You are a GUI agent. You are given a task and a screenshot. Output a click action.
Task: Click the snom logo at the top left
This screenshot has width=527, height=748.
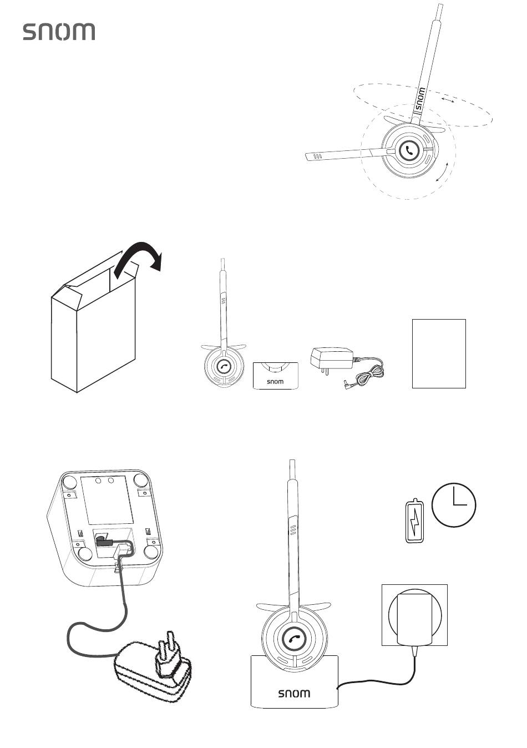pyautogui.click(x=59, y=32)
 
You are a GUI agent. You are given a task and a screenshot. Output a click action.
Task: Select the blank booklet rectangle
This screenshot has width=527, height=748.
pyautogui.click(x=439, y=353)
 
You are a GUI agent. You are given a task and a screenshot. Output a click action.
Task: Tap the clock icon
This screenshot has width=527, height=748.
pyautogui.click(x=454, y=505)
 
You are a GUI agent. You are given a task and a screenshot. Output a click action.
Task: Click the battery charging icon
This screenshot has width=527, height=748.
pyautogui.click(x=415, y=520)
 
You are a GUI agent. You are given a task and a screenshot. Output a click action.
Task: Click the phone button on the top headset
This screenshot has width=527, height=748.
pyautogui.click(x=409, y=151)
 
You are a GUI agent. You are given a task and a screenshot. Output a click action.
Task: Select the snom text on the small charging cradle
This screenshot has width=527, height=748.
pyautogui.click(x=275, y=381)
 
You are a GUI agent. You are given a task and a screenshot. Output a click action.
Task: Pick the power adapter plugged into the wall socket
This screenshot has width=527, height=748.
pyautogui.click(x=414, y=619)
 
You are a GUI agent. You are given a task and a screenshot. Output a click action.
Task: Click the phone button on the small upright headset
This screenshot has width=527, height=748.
pyautogui.click(x=224, y=366)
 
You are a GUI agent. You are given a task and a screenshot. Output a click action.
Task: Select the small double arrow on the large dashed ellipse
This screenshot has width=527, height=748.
pyautogui.click(x=447, y=99)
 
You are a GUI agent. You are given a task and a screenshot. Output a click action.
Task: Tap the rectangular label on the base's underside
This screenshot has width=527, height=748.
pyautogui.click(x=107, y=500)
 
